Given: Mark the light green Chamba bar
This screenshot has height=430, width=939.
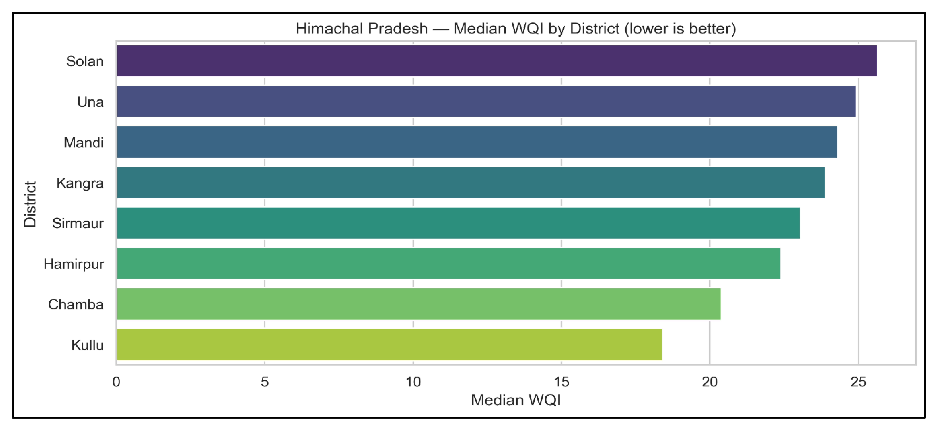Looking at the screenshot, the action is (x=419, y=304).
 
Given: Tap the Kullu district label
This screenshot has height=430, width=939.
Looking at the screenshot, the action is (x=87, y=345).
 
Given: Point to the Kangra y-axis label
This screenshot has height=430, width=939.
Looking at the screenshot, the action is (x=80, y=183).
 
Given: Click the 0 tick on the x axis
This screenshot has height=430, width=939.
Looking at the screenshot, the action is (x=116, y=382).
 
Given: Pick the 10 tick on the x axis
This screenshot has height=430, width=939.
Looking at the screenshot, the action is (x=413, y=382).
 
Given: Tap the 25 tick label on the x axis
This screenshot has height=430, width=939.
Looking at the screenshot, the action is (x=858, y=382).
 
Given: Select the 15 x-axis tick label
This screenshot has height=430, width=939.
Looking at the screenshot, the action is (x=561, y=382).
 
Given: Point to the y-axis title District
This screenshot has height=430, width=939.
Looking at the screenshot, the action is (x=30, y=204).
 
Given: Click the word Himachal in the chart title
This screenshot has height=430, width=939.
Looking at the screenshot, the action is (x=332, y=28).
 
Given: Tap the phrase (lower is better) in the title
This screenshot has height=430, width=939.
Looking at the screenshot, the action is (x=680, y=28).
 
